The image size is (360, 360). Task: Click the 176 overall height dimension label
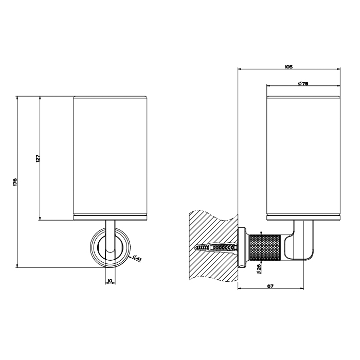pyautogui.click(x=15, y=182)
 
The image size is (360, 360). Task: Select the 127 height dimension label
pyautogui.click(x=38, y=158)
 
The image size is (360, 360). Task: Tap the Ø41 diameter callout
pyautogui.click(x=137, y=258)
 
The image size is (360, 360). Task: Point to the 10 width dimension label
pyautogui.click(x=110, y=281)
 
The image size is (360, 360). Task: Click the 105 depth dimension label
pyautogui.click(x=289, y=67)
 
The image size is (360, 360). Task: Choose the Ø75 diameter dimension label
pyautogui.click(x=303, y=84)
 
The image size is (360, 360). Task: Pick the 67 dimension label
pyautogui.click(x=271, y=286)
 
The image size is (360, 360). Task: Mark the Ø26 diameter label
pyautogui.click(x=258, y=268)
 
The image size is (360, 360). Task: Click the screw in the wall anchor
pyautogui.click(x=216, y=248)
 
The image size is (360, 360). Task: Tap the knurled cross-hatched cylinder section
pyautogui.click(x=265, y=247)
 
